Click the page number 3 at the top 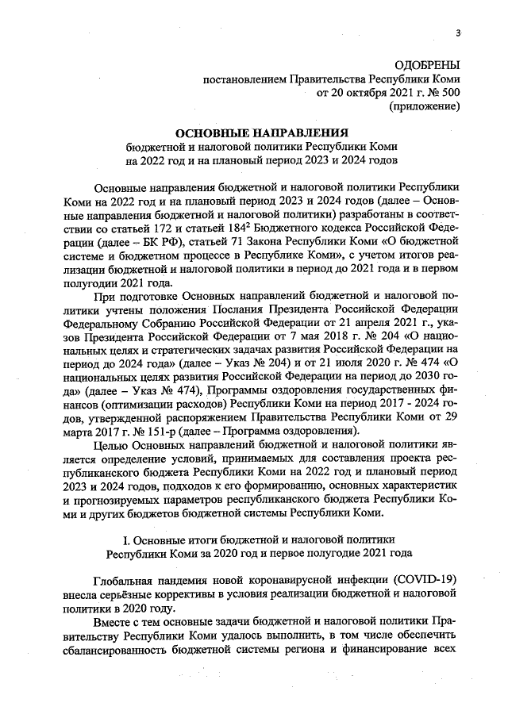(458, 33)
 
